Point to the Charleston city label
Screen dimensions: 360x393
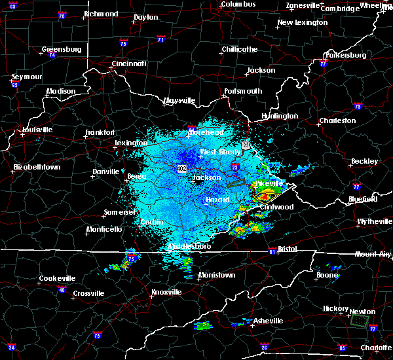tap(337, 120)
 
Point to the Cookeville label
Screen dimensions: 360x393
tap(57, 278)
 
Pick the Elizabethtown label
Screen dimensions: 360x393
tap(37, 168)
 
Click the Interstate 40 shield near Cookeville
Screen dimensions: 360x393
tap(63, 289)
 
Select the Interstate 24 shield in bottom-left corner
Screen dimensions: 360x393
tap(11, 347)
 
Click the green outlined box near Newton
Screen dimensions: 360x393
tap(358, 321)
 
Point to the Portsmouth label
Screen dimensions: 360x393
tap(243, 91)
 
